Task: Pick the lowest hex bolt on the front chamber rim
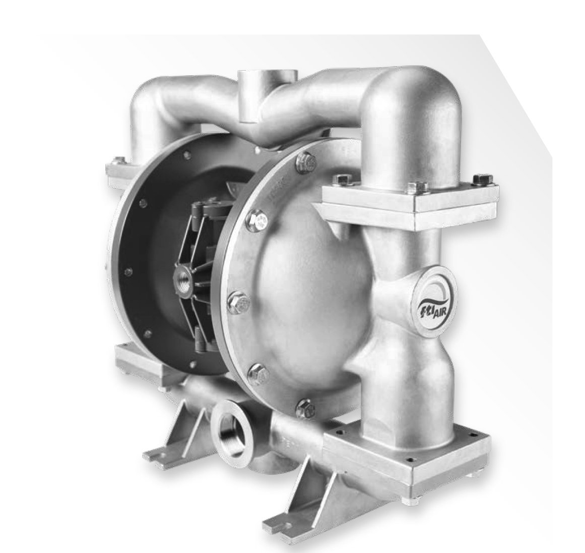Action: pyautogui.click(x=305, y=408)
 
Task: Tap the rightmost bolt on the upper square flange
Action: pyautogui.click(x=483, y=179)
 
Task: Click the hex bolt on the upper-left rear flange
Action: pyautogui.click(x=118, y=161)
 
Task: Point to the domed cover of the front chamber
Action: pyautogui.click(x=312, y=283)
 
